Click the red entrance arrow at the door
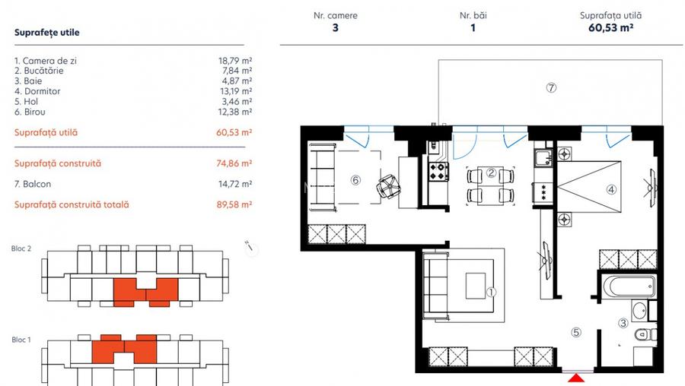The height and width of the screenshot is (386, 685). tap(579, 378)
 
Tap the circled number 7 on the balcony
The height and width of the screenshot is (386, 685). tap(551, 87)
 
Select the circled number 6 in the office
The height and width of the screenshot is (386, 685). tap(355, 180)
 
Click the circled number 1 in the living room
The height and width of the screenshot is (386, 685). tap(491, 291)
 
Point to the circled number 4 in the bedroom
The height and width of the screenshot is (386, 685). tap(611, 189)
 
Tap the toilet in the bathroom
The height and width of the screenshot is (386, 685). tap(644, 334)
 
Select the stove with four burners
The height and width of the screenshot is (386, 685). tap(439, 172)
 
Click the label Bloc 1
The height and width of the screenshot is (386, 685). tap(21, 340)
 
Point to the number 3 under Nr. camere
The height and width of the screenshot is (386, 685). tap(335, 29)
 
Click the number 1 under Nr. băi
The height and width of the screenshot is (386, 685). tap(473, 29)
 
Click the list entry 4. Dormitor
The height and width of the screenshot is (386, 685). tap(37, 91)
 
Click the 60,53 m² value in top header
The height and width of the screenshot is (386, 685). tap(610, 29)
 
